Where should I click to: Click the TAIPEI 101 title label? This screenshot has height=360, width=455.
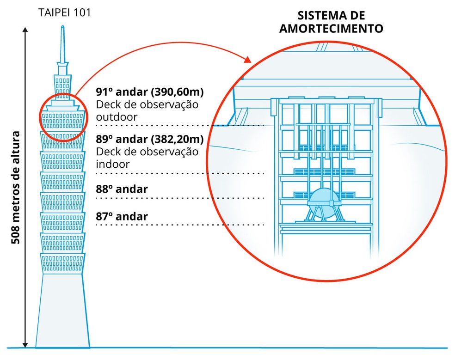(65, 12)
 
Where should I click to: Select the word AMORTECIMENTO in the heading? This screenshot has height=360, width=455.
(331, 28)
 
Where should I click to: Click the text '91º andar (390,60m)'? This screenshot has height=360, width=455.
(149, 92)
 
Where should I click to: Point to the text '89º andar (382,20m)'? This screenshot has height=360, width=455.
(149, 139)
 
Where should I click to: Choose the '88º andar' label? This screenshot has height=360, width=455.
(122, 189)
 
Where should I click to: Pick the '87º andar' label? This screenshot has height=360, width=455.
(122, 216)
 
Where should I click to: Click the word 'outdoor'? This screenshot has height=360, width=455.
(117, 117)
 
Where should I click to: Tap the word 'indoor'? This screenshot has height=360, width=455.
(113, 164)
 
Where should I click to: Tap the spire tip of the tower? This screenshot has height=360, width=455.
(62, 29)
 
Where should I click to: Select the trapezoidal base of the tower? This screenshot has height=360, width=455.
(62, 310)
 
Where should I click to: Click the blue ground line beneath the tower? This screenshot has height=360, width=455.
(231, 348)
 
